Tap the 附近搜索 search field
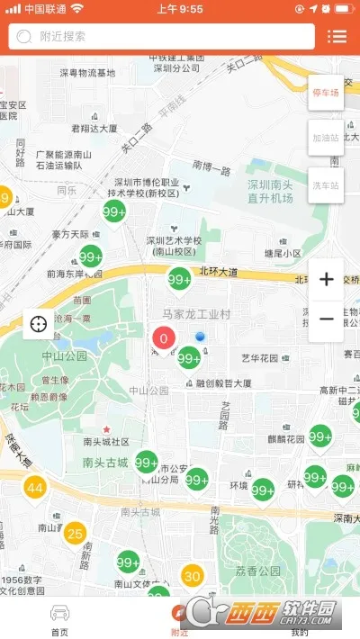pyautogui.click(x=162, y=36)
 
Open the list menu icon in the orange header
pyautogui.click(x=337, y=36)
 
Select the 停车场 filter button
pyautogui.click(x=326, y=93)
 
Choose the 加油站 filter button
pyautogui.click(x=326, y=139)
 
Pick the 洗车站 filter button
pyautogui.click(x=326, y=185)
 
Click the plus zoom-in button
pyautogui.click(x=326, y=279)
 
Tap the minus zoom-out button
pyautogui.click(x=326, y=319)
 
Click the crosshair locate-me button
pyautogui.click(x=40, y=323)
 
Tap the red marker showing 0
pyautogui.click(x=163, y=339)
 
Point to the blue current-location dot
pyautogui.click(x=201, y=337)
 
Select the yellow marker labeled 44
pyautogui.click(x=34, y=489)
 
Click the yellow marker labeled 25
pyautogui.click(x=75, y=532)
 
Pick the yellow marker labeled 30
pyautogui.click(x=192, y=575)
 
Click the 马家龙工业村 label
pyautogui.click(x=197, y=314)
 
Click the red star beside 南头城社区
pyautogui.click(x=107, y=428)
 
